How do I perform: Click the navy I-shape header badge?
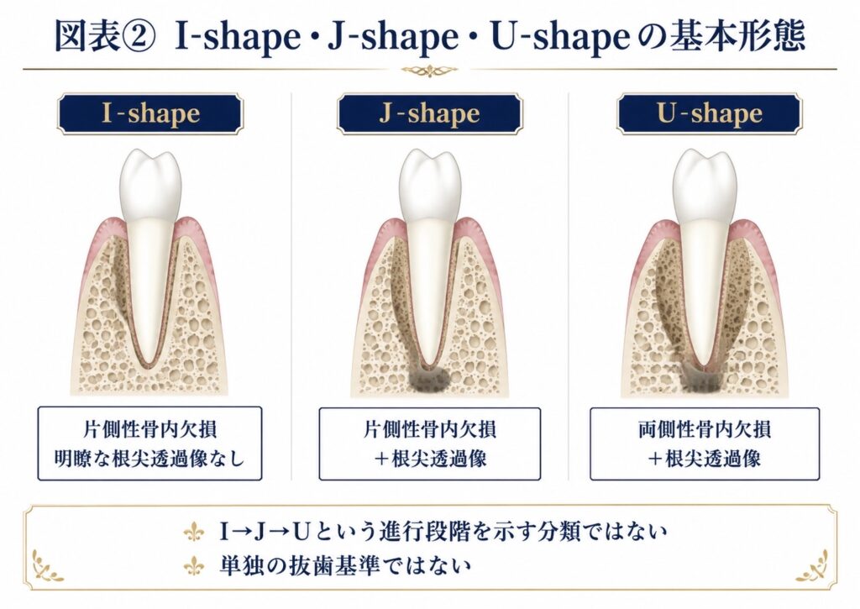[150, 113]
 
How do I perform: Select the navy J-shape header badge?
[429, 113]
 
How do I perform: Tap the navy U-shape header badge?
[709, 113]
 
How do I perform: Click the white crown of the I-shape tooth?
[151, 184]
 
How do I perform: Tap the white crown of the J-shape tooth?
[429, 184]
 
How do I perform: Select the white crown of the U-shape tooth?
[705, 184]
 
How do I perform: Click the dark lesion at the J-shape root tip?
[430, 380]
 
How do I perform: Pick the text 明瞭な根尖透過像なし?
[149, 459]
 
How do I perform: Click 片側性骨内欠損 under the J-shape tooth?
[429, 429]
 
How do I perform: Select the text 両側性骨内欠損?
[705, 429]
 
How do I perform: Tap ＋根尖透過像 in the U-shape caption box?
[705, 459]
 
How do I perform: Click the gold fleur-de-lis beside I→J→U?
[194, 532]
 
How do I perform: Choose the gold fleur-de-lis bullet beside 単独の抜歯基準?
[194, 565]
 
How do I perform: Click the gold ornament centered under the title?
[429, 70]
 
